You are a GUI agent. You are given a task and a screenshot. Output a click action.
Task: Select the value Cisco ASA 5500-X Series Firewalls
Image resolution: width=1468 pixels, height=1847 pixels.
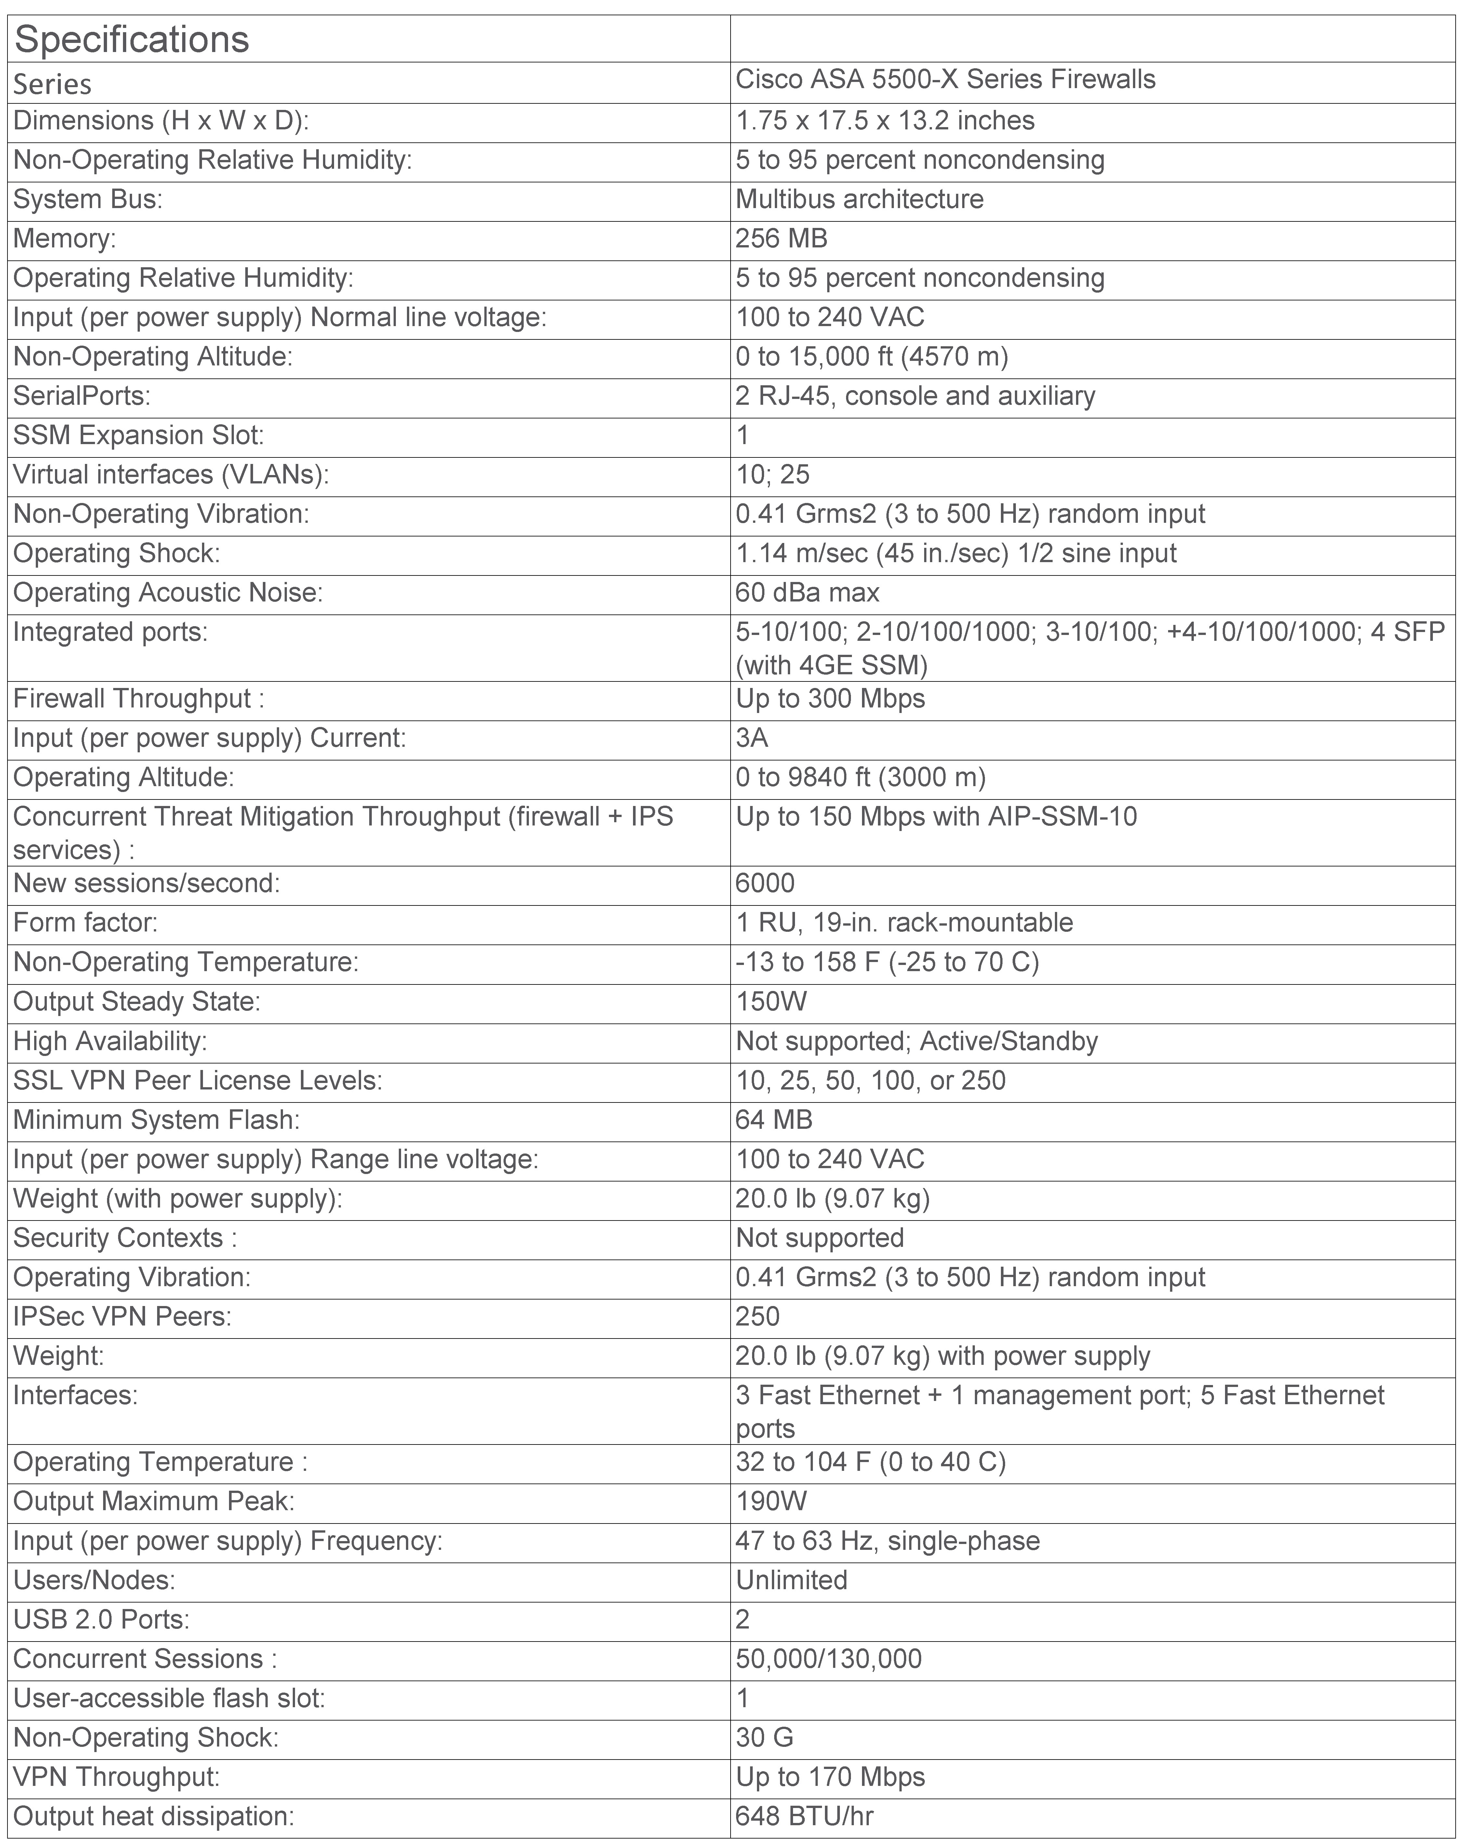click(945, 80)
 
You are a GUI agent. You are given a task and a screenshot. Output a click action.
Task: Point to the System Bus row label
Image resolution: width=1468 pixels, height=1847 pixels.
click(88, 199)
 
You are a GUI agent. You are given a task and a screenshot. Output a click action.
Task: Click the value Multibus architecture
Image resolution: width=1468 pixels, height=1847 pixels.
click(859, 199)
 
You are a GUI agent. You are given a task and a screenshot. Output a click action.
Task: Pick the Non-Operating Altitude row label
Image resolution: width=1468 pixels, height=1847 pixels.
click(153, 356)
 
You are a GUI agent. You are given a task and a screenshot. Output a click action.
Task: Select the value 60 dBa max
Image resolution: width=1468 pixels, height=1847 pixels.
click(807, 593)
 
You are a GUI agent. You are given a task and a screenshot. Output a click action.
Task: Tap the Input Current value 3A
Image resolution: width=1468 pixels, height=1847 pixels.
click(752, 738)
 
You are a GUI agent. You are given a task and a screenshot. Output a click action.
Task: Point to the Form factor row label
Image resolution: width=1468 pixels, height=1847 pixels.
click(85, 923)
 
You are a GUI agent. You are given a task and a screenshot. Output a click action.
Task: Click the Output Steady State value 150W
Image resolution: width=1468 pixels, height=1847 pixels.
click(771, 1001)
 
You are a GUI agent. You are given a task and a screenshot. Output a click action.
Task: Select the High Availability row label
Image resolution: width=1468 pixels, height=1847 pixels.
click(110, 1041)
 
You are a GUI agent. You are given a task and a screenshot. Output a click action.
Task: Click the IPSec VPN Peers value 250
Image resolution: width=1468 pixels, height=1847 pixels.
click(758, 1317)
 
